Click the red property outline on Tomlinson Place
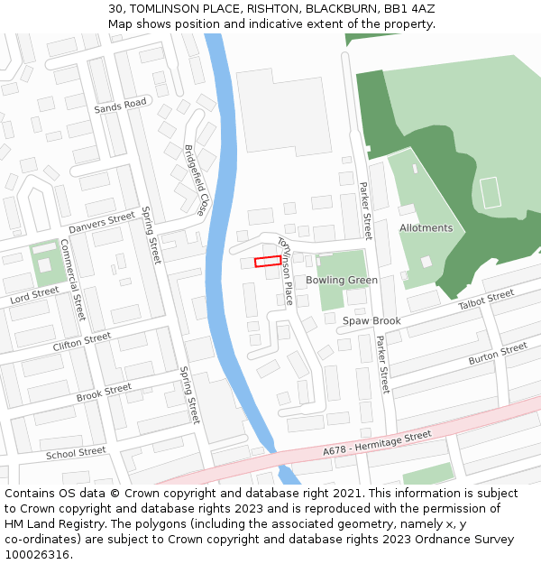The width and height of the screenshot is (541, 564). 267,262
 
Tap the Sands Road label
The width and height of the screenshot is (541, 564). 120,106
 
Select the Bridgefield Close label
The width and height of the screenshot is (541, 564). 196,180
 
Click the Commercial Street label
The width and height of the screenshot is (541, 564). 72,280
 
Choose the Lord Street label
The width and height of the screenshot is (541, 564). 34,295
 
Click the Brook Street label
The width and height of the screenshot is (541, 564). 104,393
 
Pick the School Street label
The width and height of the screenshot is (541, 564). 76,453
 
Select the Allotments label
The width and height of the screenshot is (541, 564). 426,228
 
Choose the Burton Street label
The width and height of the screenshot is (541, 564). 498,353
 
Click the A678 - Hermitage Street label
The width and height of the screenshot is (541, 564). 377,443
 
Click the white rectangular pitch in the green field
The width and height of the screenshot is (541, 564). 490,193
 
